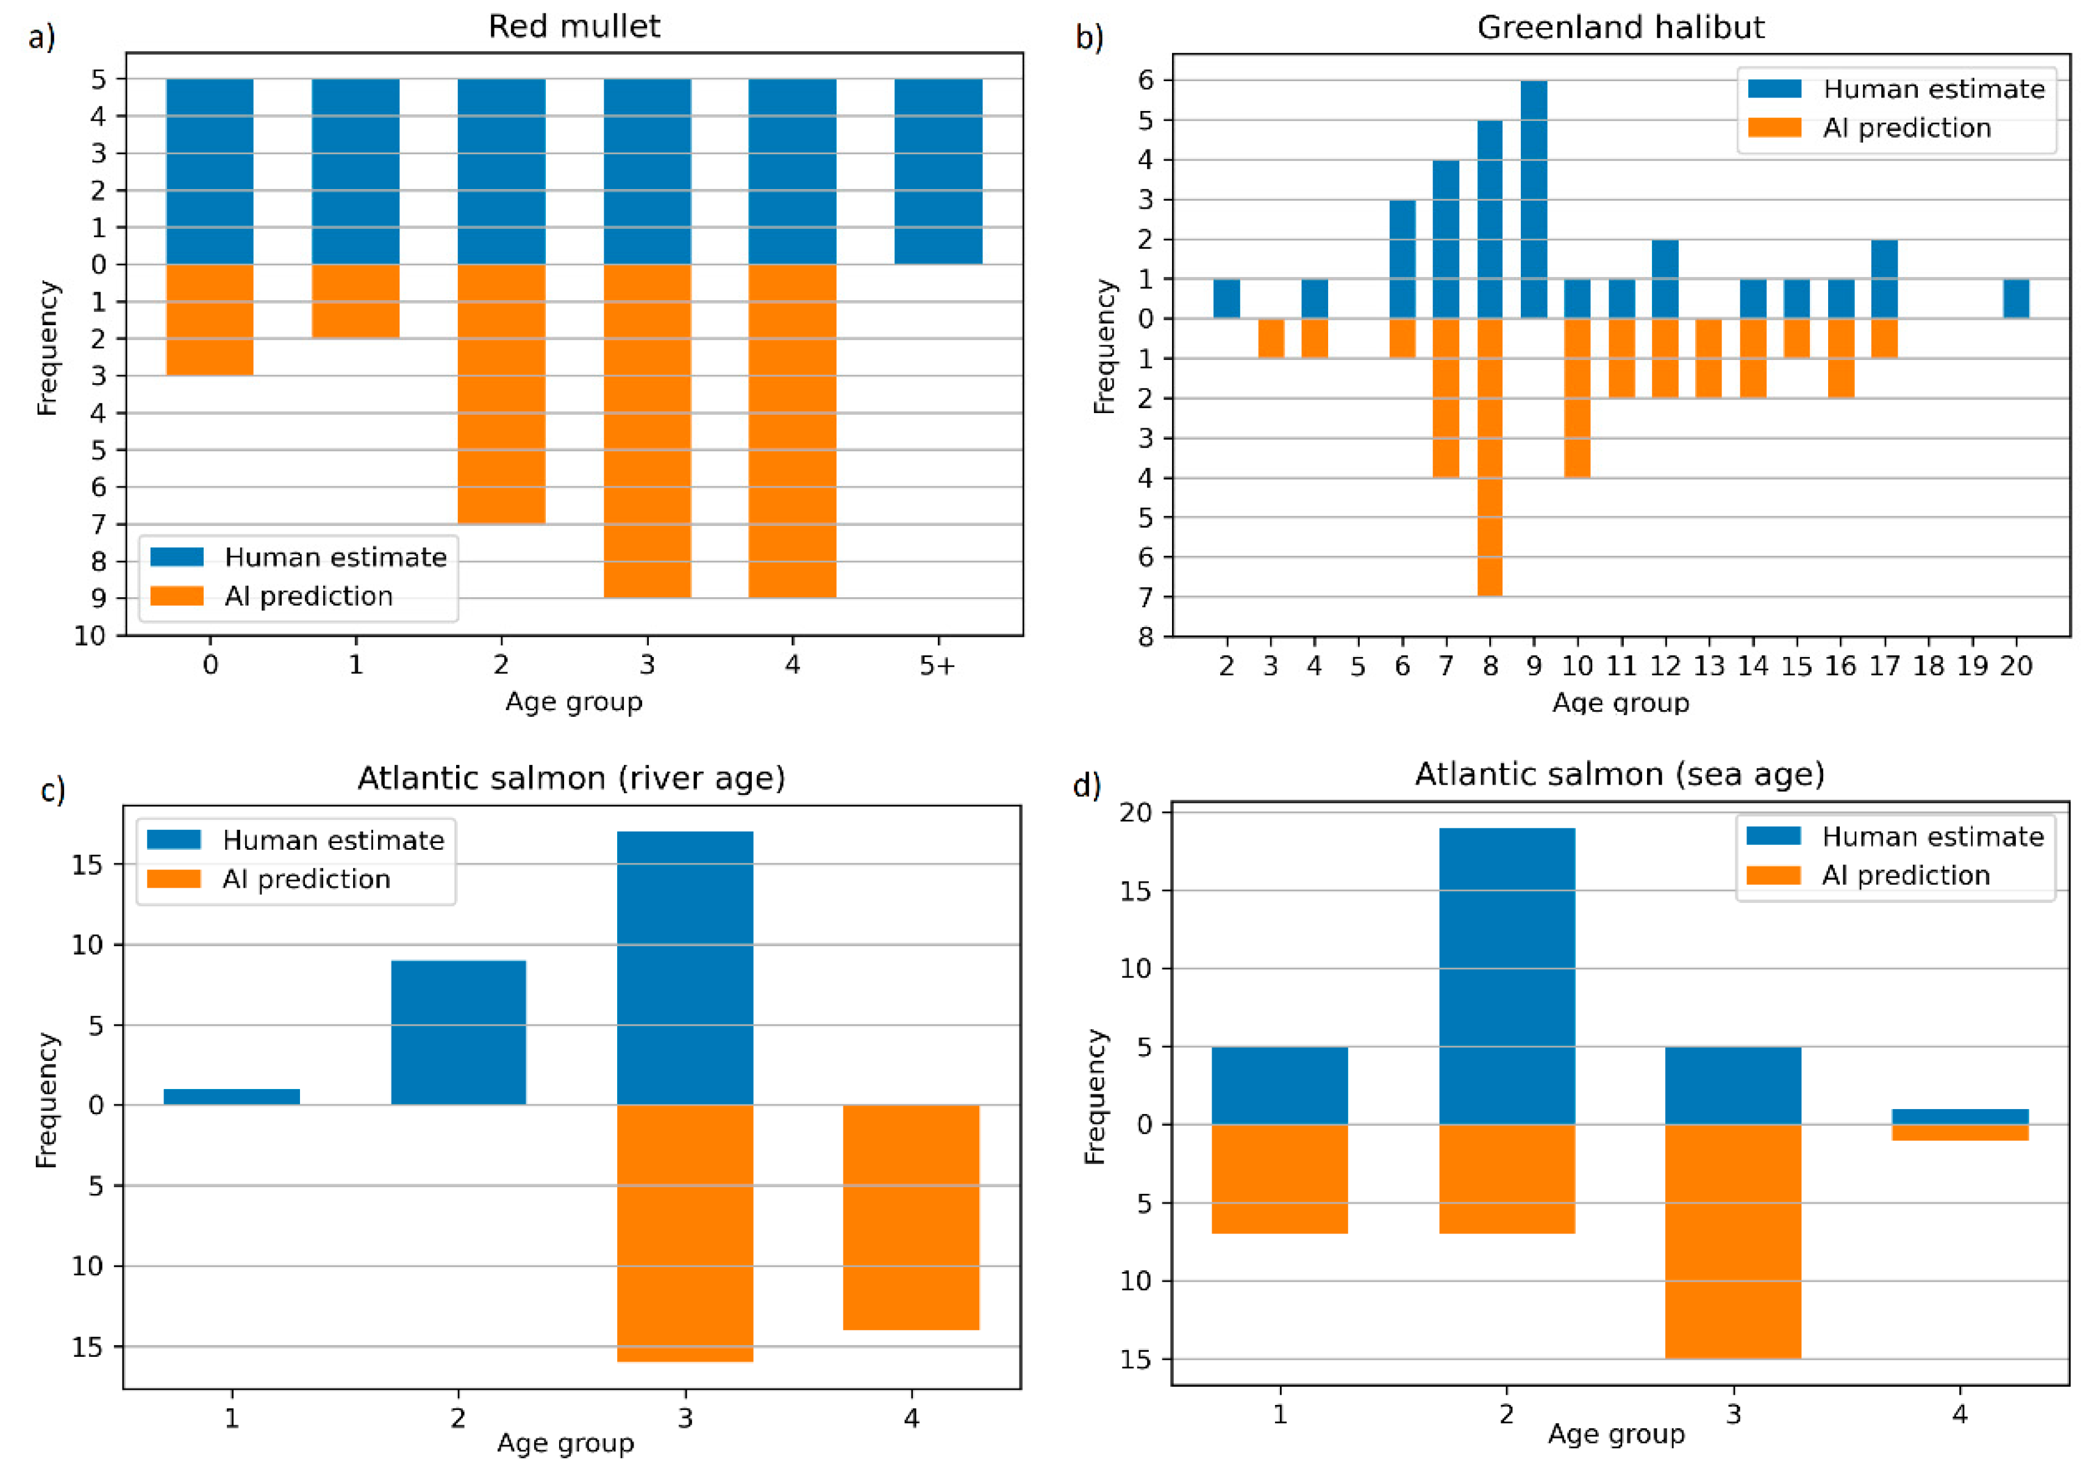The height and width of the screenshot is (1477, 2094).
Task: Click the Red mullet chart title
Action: [x=574, y=26]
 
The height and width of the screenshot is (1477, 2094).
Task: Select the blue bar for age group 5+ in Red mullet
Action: [x=938, y=171]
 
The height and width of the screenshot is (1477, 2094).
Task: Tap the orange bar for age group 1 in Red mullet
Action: [x=355, y=301]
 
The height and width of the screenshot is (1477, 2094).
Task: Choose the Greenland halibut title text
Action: [x=1621, y=27]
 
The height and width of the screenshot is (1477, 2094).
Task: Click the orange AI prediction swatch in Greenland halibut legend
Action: [x=1774, y=128]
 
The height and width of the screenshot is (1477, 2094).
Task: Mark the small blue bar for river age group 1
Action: [x=232, y=1096]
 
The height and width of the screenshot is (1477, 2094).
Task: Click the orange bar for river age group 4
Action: [x=910, y=1217]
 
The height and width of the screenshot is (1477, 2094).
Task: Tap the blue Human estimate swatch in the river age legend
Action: [x=173, y=839]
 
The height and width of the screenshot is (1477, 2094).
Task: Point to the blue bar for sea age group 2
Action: [x=1507, y=976]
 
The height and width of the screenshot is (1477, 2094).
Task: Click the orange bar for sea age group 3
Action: [x=1733, y=1241]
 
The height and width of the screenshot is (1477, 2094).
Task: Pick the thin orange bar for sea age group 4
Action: [x=1960, y=1132]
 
